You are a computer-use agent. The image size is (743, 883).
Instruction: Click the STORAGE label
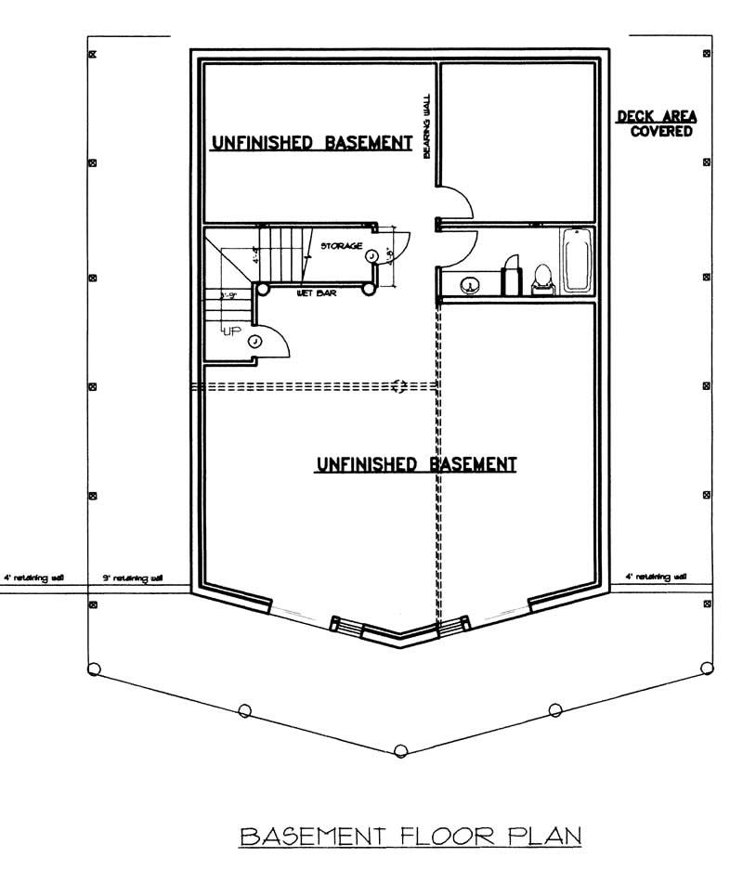[x=341, y=247]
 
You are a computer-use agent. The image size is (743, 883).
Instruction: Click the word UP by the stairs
[x=229, y=330]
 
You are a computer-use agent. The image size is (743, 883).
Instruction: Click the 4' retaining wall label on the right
[x=656, y=577]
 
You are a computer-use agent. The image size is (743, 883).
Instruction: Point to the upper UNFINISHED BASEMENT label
[x=312, y=143]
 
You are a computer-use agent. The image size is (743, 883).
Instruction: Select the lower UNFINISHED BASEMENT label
[x=416, y=464]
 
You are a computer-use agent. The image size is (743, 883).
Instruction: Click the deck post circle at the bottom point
[x=400, y=750]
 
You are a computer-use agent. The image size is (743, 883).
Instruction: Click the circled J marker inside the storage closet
[x=371, y=254]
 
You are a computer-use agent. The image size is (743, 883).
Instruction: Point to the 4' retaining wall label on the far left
[x=33, y=578]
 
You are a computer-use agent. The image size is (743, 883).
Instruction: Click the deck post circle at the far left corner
[x=93, y=668]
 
